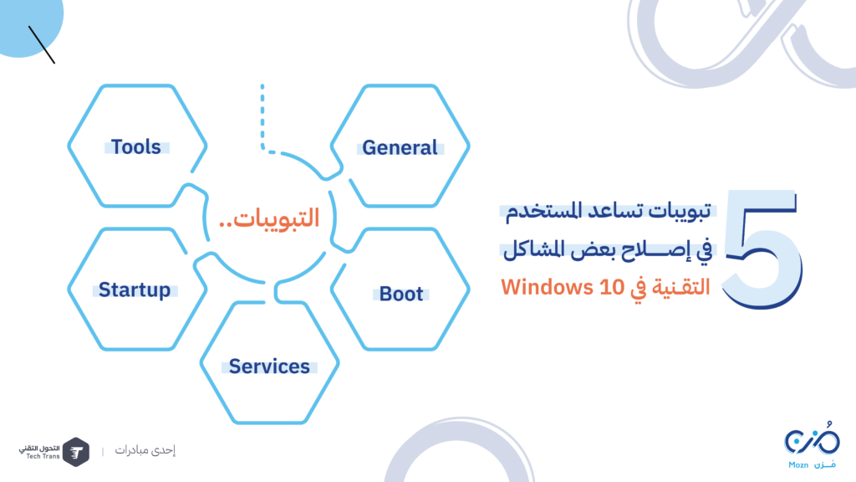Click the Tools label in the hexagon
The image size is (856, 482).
pos(136,146)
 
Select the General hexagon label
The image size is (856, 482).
pos(400,147)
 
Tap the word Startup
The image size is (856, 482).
pos(135,290)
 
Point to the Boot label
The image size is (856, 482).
pos(401,294)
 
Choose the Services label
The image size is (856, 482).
pos(269,367)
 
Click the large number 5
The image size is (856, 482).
pos(762,249)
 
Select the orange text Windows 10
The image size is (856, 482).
pos(563,287)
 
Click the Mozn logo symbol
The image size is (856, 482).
pos(813,438)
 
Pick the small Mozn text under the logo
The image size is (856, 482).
pos(798,465)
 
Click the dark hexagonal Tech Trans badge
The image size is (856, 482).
pos(76,452)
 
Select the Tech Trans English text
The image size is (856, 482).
pos(43,456)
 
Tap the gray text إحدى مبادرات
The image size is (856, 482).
pos(145,450)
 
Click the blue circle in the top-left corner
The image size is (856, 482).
pos(28,22)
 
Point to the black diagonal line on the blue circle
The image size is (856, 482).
pos(42,45)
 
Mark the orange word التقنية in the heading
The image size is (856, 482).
pos(683,287)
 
